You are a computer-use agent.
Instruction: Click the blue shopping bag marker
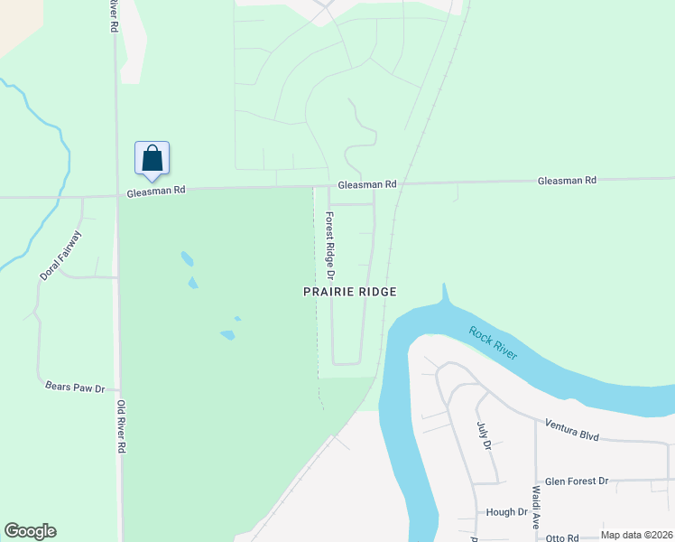pos(152,158)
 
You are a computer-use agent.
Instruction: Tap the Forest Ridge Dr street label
pos(330,245)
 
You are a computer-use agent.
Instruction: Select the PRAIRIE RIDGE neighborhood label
pos(349,292)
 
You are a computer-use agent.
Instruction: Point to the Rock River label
pos(493,342)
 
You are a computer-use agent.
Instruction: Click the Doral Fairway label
pos(60,255)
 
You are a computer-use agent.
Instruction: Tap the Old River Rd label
pos(120,428)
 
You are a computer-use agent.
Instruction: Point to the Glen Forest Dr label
pos(577,481)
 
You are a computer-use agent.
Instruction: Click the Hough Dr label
pos(506,512)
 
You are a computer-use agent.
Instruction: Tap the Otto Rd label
pos(560,537)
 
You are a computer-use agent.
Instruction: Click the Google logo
pos(30,531)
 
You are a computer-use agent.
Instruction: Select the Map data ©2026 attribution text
pos(636,535)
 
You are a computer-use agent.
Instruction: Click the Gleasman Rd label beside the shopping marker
pos(155,191)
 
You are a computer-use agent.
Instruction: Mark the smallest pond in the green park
pos(237,318)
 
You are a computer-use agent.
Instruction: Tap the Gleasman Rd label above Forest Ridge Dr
pos(367,184)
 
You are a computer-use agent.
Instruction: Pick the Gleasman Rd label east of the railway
pos(567,181)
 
